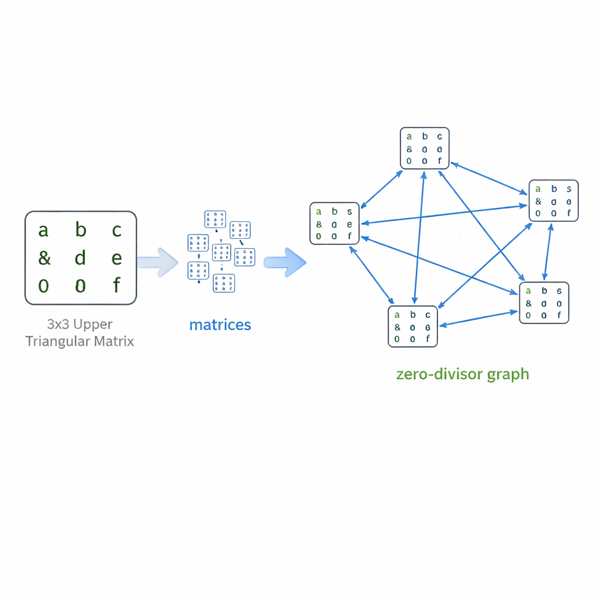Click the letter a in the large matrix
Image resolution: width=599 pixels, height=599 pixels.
43,230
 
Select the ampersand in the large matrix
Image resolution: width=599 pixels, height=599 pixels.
44,258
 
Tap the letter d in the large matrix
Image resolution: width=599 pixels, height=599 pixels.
80,257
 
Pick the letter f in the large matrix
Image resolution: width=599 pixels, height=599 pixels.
116,285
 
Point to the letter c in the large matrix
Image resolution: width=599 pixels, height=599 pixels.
116,230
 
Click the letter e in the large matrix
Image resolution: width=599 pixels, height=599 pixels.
116,258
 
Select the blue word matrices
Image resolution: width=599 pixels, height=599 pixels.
220,325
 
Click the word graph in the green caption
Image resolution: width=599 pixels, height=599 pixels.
510,374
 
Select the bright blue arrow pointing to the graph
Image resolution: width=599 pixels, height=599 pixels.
285,261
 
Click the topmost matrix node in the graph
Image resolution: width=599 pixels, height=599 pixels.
425,149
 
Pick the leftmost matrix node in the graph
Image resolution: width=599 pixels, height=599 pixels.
334,223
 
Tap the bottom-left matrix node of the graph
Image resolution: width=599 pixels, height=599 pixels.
412,326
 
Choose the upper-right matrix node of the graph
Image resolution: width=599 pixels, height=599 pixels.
553,201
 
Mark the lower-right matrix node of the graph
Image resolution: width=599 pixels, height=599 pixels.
544,302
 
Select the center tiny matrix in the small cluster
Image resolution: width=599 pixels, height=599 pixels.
222,252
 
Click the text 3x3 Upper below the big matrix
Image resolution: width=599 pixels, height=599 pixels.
80,324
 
